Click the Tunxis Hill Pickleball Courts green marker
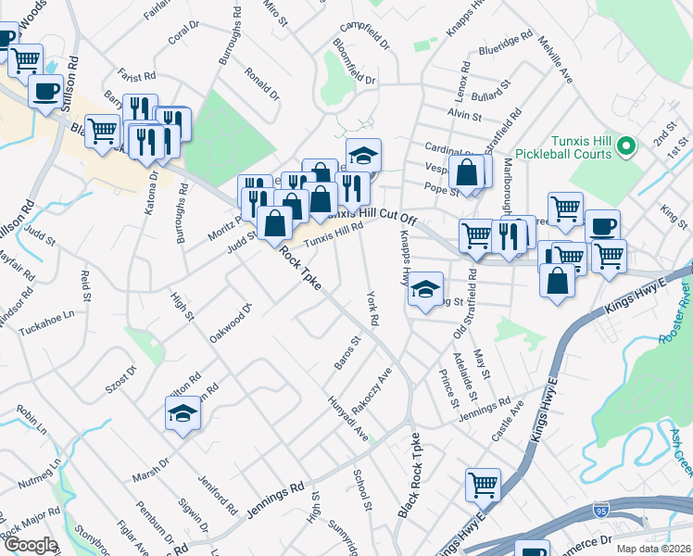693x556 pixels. (x=626, y=146)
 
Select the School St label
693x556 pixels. (x=362, y=490)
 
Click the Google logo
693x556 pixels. (x=31, y=545)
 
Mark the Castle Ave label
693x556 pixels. (x=509, y=420)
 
